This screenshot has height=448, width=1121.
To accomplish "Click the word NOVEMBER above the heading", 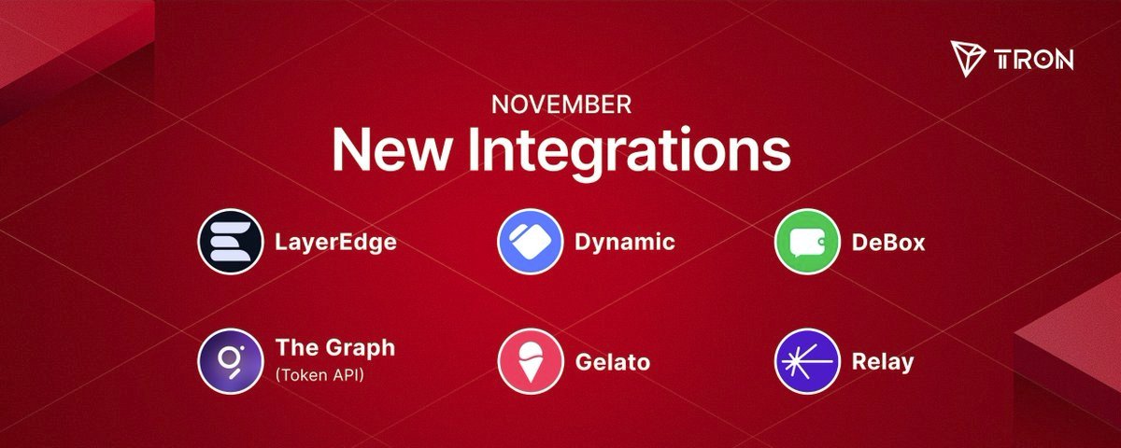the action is coord(561,105).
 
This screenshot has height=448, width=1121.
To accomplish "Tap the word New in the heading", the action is coord(390,150).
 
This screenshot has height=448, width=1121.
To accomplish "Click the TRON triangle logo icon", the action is coord(968,59).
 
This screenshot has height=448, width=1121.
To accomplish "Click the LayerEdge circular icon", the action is coord(230,242).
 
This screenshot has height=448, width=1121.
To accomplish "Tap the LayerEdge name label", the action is coord(335,243).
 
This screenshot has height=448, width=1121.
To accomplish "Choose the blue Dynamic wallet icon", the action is coord(531,242).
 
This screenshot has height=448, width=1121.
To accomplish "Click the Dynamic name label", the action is coord(625,243).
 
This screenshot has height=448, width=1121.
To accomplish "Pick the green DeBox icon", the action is coord(807,242).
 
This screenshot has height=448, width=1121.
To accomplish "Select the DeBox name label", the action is coord(888,243).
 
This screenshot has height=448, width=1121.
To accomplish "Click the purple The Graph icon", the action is coord(230,361).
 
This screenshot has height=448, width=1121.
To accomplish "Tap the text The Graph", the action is coord(335,348).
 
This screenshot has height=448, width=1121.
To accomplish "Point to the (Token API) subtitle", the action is coord(319,375).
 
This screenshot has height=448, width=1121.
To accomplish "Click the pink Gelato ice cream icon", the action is coord(531,361).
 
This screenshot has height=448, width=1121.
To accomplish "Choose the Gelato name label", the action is coord(613,362).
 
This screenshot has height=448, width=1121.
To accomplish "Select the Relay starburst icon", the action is coord(807,361).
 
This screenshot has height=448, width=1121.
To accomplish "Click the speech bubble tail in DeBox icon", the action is coord(796,255).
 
